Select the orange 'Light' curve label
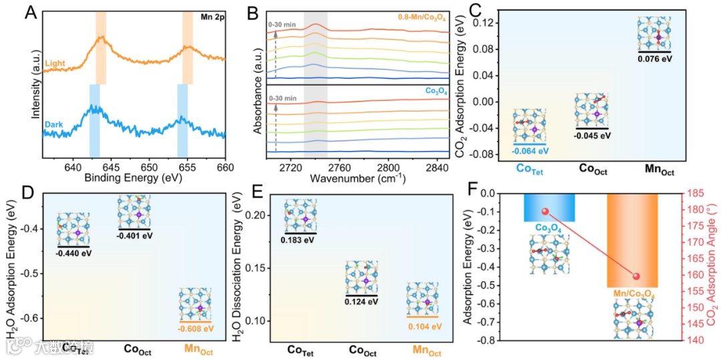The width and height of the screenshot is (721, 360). (x=57, y=63)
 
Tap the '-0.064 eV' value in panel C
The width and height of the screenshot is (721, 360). (x=529, y=150)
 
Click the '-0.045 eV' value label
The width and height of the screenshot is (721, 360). (x=592, y=135)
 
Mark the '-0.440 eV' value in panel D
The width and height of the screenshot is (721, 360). (x=73, y=253)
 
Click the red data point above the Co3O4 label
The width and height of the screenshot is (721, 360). (x=545, y=212)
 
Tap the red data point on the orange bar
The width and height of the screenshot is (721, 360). (x=636, y=277)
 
